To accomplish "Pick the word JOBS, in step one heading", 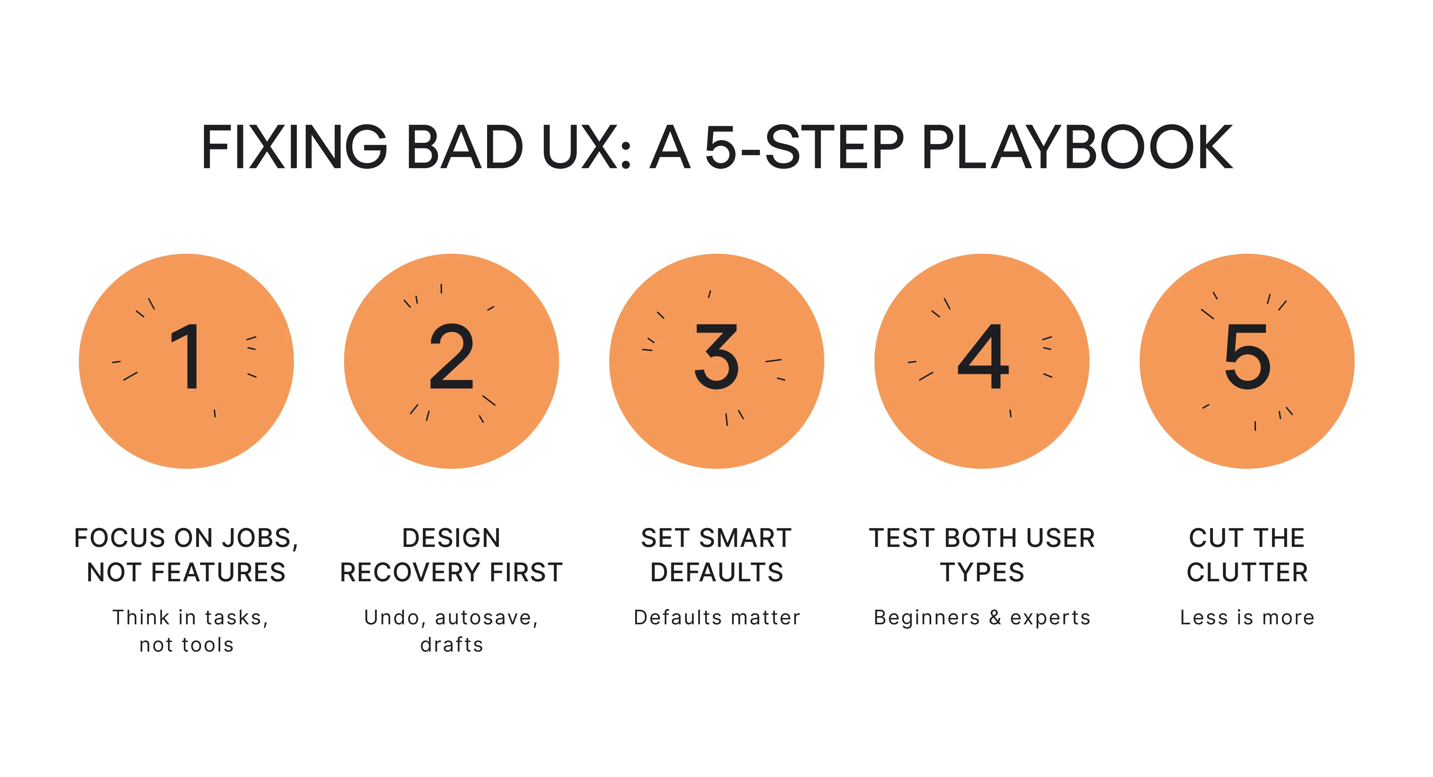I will click(260, 538).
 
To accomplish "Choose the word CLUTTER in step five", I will click(1247, 573).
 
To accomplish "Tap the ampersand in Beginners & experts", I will click(995, 618).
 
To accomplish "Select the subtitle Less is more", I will click(1247, 618).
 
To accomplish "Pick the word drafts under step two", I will click(452, 645).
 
